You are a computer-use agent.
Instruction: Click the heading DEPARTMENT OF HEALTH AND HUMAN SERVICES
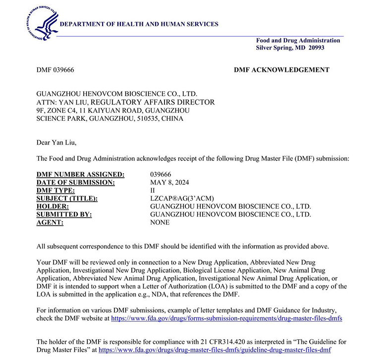point(139,24)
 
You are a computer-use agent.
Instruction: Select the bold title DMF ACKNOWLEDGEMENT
point(281,70)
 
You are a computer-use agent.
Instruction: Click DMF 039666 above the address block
point(55,70)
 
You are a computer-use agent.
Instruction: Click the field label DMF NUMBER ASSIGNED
point(81,174)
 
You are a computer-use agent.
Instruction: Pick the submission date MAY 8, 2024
point(170,182)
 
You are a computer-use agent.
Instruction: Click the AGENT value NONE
point(160,222)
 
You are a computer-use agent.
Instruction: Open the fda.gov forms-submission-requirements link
point(226,318)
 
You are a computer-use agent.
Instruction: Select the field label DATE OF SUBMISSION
point(76,182)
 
